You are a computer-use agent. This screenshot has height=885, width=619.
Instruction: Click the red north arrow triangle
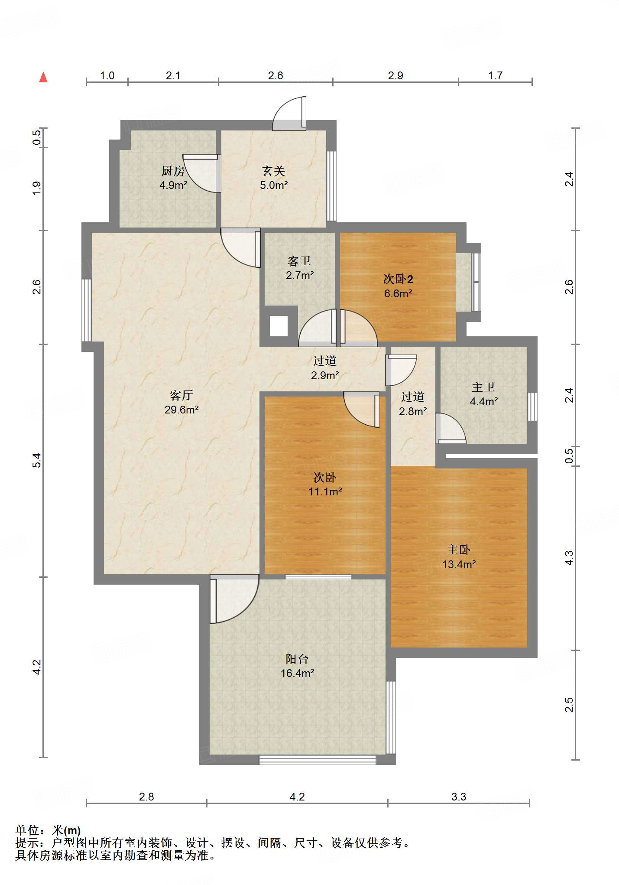[x=43, y=77]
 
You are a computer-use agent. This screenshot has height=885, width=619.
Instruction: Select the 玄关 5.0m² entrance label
[x=274, y=178]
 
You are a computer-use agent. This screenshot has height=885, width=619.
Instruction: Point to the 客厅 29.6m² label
[x=181, y=402]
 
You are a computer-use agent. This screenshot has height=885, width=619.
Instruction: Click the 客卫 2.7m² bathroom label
[x=300, y=268]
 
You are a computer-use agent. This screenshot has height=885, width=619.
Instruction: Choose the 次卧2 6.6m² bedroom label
[x=398, y=286]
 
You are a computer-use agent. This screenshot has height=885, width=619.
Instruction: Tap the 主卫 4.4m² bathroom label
[x=483, y=394]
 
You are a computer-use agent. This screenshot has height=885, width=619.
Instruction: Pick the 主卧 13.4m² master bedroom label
[x=459, y=557]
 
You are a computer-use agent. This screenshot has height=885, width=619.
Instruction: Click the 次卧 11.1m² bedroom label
[x=325, y=484]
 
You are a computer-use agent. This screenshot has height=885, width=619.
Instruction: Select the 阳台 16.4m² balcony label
[x=297, y=666]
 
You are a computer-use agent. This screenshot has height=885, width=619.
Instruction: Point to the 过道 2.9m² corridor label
[x=325, y=368]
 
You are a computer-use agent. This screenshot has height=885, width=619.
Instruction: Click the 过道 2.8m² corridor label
[x=413, y=403]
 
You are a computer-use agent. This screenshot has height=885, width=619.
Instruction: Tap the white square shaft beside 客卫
[x=279, y=326]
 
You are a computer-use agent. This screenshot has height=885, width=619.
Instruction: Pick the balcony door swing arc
[x=234, y=599]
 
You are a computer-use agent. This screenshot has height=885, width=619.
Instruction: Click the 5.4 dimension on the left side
[x=37, y=460]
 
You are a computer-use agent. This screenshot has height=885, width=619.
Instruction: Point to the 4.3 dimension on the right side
[x=569, y=557]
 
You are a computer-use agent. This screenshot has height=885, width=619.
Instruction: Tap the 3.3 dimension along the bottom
[x=459, y=797]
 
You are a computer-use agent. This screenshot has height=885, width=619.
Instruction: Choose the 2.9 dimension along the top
[x=395, y=75]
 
